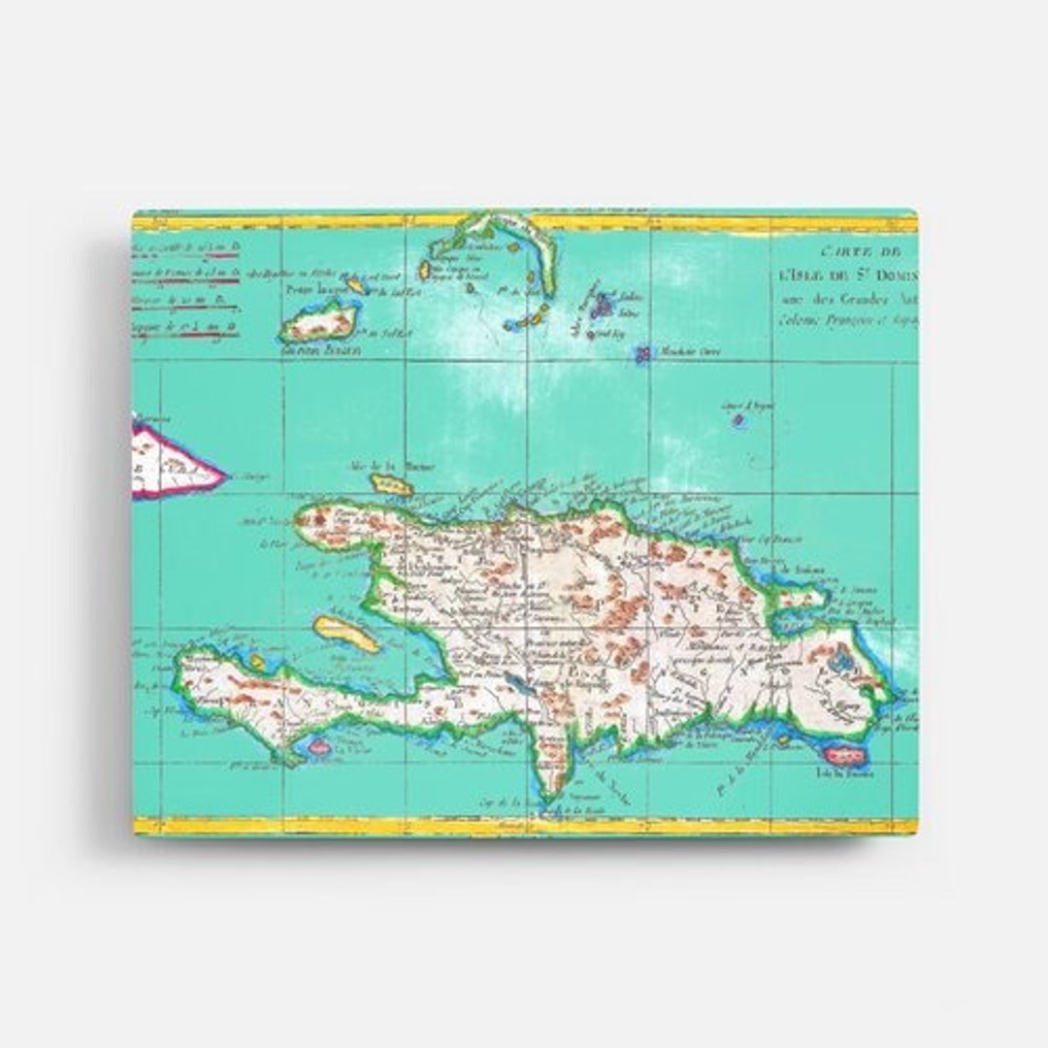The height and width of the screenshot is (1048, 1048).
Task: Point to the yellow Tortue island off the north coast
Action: (x=392, y=483)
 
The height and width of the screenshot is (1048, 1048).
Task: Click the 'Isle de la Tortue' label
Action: (x=390, y=466)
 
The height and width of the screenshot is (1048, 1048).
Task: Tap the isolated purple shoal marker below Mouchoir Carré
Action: (x=738, y=419)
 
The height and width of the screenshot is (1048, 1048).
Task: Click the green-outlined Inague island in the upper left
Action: (x=316, y=322)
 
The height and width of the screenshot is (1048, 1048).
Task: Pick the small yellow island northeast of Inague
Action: (x=356, y=285)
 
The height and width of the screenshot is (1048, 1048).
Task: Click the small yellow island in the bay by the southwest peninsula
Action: (x=257, y=662)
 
